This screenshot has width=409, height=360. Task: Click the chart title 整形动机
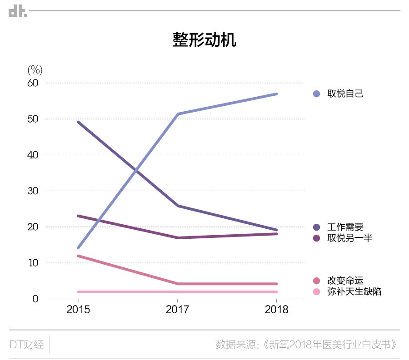[x=204, y=39]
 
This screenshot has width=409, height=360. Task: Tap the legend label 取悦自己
[x=345, y=94]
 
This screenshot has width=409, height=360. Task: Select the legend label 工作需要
[x=345, y=227]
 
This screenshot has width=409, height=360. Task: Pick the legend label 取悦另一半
[x=349, y=238]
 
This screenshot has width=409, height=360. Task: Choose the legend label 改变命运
[x=345, y=281]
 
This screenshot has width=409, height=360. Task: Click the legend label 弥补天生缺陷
[x=354, y=291]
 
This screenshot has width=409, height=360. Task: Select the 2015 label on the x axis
[x=78, y=310]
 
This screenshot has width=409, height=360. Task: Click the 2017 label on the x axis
[x=177, y=310]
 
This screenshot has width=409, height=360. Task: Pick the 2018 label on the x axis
[x=276, y=310]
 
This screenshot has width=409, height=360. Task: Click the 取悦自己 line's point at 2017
[x=177, y=114]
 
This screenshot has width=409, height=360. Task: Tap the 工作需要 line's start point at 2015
[x=78, y=122]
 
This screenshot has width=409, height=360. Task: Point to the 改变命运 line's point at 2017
[x=177, y=284]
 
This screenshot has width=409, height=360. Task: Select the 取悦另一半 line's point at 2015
[x=78, y=216]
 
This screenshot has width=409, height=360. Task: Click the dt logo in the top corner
[x=18, y=11]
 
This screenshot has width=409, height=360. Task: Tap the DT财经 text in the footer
[x=27, y=344]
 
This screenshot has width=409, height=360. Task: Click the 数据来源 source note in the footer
[x=307, y=344]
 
